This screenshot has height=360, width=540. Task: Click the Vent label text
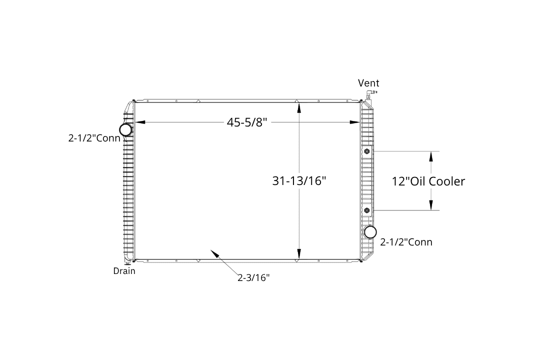pyautogui.click(x=368, y=83)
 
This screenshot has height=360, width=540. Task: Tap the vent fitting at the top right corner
pyautogui.click(x=370, y=94)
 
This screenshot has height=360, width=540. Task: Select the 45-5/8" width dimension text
pyautogui.click(x=247, y=122)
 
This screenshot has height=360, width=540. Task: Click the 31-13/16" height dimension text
pyautogui.click(x=299, y=180)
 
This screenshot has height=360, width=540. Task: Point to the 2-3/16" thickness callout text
pyautogui.click(x=253, y=277)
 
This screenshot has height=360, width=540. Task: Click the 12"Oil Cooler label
pyautogui.click(x=428, y=181)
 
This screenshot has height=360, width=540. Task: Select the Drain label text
pyautogui.click(x=124, y=271)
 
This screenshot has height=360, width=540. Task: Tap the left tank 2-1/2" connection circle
pyautogui.click(x=125, y=130)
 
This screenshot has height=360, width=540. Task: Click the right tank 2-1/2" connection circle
pyautogui.click(x=370, y=232)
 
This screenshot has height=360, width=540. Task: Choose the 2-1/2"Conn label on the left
pyautogui.click(x=94, y=138)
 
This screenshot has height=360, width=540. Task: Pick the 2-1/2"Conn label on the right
pyautogui.click(x=406, y=242)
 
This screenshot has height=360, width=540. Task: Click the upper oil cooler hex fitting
pyautogui.click(x=366, y=151)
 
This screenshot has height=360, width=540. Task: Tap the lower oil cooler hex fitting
pyautogui.click(x=366, y=210)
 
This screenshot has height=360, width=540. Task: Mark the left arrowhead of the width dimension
pyautogui.click(x=139, y=122)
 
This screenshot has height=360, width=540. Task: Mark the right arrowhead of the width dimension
pyautogui.click(x=354, y=122)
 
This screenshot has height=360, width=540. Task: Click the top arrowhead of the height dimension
pyautogui.click(x=299, y=107)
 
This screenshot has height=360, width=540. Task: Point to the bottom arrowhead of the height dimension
pyautogui.click(x=299, y=253)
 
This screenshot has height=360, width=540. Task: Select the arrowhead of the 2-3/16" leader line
pyautogui.click(x=214, y=254)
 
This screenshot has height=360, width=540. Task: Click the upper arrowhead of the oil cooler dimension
pyautogui.click(x=430, y=156)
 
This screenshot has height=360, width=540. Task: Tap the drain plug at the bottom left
pyautogui.click(x=127, y=263)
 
